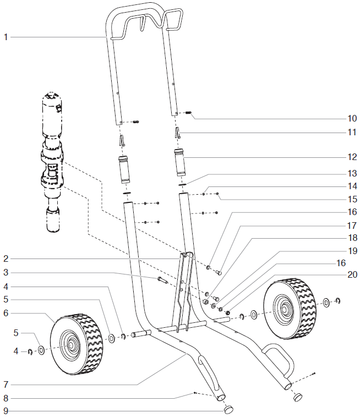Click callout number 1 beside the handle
coord(6,37)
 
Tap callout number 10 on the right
coord(352,118)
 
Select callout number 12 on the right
coord(352,158)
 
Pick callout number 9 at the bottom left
coord(6,411)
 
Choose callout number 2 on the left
coord(6,258)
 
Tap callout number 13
coord(352,172)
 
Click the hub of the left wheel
coord(72,345)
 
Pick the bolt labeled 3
coord(162,279)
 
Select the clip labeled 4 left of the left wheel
coord(31,351)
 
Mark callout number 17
coord(352,226)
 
